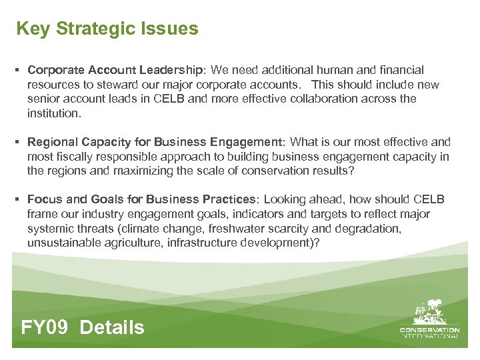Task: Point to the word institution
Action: click(x=53, y=113)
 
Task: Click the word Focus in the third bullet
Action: click(x=45, y=199)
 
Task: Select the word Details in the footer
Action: click(x=112, y=327)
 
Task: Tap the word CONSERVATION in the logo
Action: click(x=429, y=329)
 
